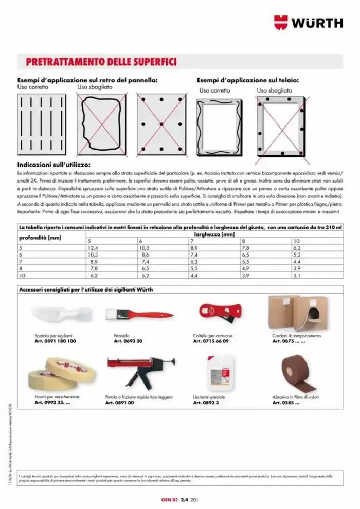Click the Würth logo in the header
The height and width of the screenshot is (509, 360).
[308, 22]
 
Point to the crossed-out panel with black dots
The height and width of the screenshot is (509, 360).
[160, 124]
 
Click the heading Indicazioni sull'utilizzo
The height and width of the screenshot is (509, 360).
[54, 165]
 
